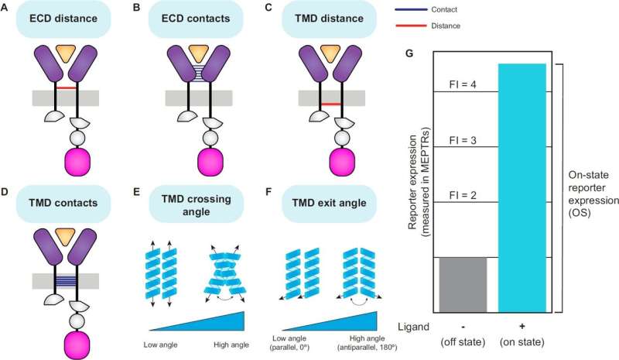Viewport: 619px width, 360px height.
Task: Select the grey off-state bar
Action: (462, 284)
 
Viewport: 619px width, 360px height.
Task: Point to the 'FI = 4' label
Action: (465, 84)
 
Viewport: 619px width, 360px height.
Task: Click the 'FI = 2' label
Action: (465, 195)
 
